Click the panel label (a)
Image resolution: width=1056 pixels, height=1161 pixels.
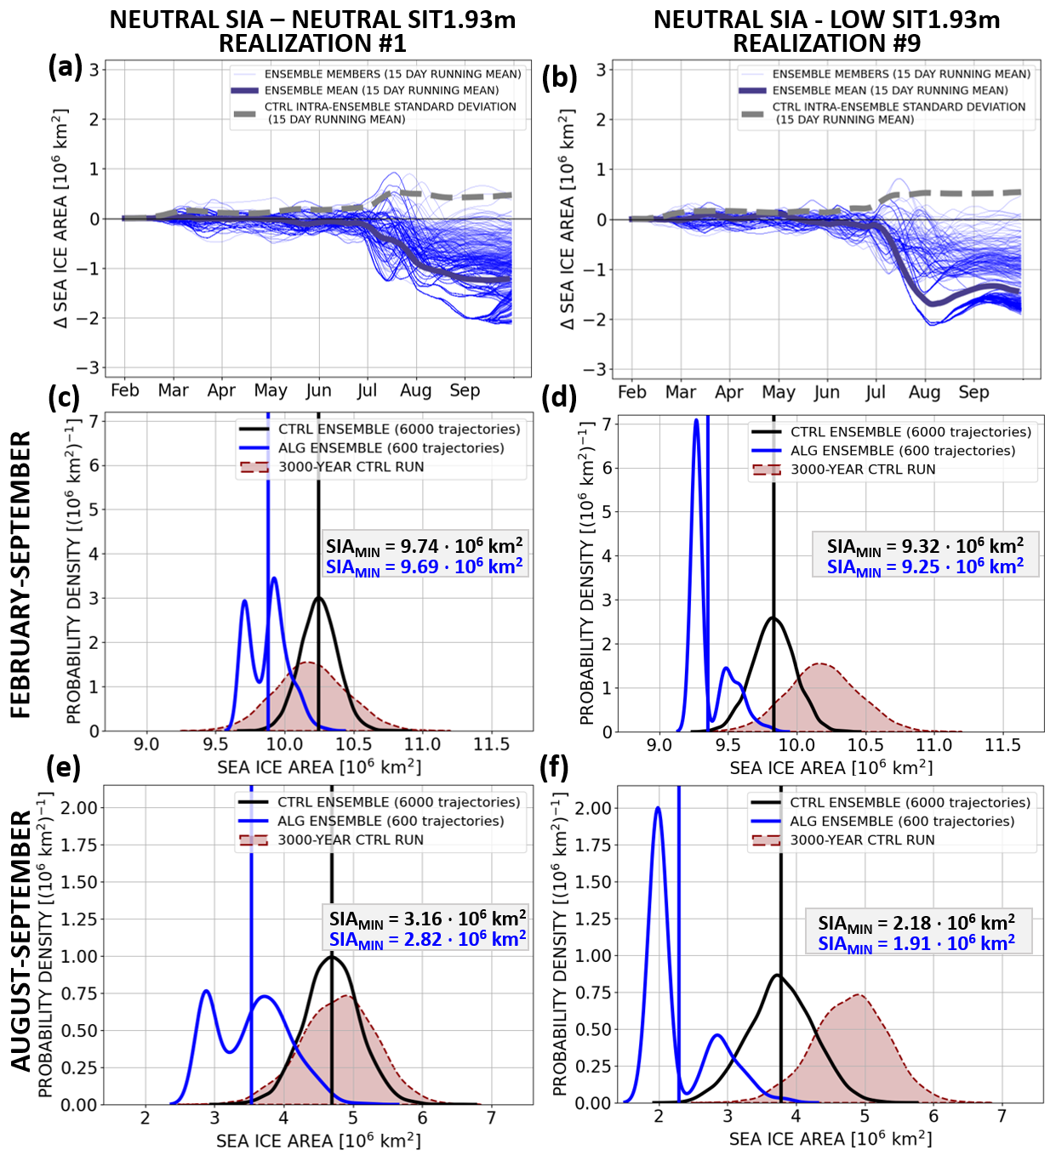coord(66,66)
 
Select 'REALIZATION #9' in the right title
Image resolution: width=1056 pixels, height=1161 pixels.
coord(827,43)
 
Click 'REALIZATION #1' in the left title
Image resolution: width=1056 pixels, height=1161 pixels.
coord(312,43)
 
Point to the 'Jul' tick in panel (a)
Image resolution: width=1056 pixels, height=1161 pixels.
coord(367,390)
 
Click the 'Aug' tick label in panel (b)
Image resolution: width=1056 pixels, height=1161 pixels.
coord(924,392)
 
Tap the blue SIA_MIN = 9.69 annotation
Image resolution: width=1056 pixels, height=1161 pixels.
coord(425,566)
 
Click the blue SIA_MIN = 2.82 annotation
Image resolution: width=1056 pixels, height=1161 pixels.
coord(427,940)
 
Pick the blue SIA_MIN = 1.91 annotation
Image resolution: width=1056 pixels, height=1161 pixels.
coord(916,943)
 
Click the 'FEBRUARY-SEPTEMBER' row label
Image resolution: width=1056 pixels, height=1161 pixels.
coord(21,574)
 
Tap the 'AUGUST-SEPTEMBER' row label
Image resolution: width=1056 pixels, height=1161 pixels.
coord(21,940)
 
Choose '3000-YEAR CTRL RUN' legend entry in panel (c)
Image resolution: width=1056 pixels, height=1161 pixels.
coord(351,467)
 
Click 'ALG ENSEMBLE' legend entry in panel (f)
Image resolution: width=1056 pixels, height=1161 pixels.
coord(902,822)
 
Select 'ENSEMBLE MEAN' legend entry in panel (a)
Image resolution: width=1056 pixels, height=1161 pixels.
coord(381,90)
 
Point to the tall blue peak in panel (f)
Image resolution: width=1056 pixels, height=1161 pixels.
coord(658,809)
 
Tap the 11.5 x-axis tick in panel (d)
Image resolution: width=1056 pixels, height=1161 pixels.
coord(1002,746)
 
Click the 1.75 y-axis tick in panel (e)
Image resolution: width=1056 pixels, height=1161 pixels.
coord(79,845)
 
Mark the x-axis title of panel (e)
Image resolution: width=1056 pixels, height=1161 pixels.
coord(318,1141)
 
